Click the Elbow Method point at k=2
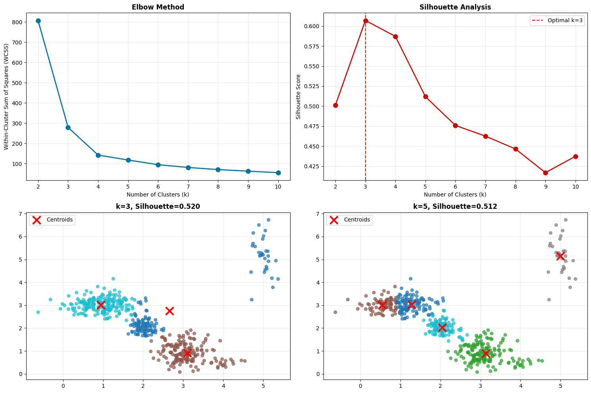tap(38, 21)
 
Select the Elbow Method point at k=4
tap(98, 155)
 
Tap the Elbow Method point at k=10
tap(278, 173)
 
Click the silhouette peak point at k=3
tap(366, 21)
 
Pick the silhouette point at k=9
tap(546, 173)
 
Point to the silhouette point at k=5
tap(425, 96)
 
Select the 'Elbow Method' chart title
tap(158, 7)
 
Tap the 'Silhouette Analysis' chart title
tap(455, 7)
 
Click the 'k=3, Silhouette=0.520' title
tap(158, 206)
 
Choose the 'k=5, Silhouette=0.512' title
tap(455, 206)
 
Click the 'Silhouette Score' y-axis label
tap(299, 96)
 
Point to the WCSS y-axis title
tap(6, 96)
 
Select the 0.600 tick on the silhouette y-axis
tap(310, 26)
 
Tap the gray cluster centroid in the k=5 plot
tap(560, 256)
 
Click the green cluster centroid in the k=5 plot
tap(485, 353)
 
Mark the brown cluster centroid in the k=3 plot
tap(187, 353)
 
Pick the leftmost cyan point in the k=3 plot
tap(38, 312)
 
